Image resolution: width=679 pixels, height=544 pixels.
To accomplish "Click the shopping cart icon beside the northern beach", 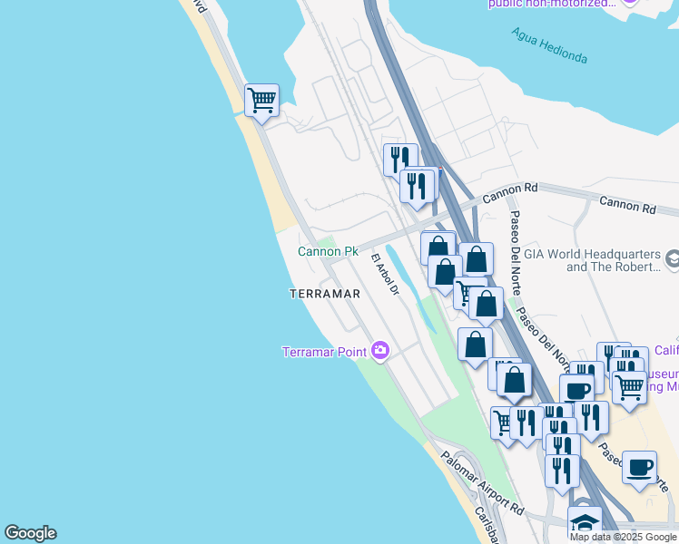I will point(261,100).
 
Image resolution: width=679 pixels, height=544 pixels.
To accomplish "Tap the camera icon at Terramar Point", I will point(380,351).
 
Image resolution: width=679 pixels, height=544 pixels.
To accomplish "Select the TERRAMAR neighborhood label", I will point(325,294).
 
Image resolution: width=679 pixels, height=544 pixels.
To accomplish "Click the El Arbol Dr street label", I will point(385,274).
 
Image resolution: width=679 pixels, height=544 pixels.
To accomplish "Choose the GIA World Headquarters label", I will point(614,261).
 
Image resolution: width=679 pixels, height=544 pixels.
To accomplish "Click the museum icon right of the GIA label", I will point(673,260).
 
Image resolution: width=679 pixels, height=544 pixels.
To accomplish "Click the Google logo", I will point(30,533).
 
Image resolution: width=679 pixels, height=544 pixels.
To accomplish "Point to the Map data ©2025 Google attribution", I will point(623,537).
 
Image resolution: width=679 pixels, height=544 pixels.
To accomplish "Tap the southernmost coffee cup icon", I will point(640,467).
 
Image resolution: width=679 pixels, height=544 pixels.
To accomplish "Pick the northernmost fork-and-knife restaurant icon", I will point(400,160).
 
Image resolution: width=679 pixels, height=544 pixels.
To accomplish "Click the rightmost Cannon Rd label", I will point(626,209).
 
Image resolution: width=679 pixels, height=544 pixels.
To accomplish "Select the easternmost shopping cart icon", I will point(629,387).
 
